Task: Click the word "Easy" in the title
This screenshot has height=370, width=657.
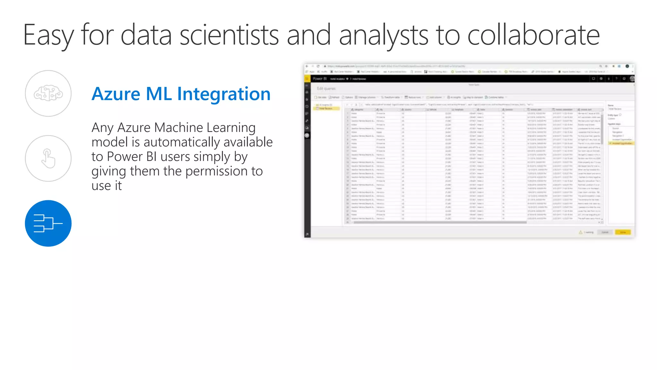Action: click(x=48, y=35)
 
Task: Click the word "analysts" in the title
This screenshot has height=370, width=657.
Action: click(x=383, y=35)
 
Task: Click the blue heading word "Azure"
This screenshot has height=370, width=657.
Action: click(x=116, y=94)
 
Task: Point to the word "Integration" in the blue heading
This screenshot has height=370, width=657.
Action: click(x=224, y=94)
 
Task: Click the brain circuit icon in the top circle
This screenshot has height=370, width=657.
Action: click(x=48, y=93)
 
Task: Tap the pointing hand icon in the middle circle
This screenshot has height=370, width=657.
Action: click(x=48, y=158)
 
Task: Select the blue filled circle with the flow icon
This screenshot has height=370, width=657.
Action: click(x=48, y=223)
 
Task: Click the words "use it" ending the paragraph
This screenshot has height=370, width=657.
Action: click(x=107, y=186)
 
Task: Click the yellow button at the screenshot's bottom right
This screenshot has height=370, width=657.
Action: click(x=623, y=232)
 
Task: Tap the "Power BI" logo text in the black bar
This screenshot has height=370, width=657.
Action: click(x=320, y=79)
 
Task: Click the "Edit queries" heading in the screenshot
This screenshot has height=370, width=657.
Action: click(x=326, y=89)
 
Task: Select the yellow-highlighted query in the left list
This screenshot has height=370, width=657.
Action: click(x=326, y=108)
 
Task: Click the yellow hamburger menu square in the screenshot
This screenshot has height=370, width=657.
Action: click(x=307, y=79)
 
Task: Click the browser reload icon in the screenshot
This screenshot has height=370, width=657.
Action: click(x=318, y=66)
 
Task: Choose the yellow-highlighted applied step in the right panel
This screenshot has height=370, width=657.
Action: click(x=621, y=143)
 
